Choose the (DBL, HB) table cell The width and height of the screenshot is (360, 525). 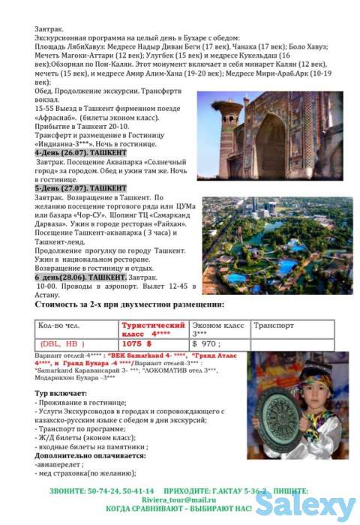(61, 343)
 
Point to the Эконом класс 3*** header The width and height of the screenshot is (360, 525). (217, 328)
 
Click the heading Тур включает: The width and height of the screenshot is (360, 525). (61, 393)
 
